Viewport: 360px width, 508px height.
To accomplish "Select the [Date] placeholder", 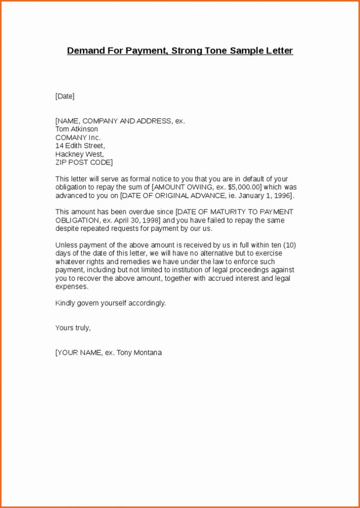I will [65, 96].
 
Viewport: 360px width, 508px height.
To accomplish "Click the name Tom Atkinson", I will [77, 129].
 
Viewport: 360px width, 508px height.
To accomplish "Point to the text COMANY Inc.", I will [78, 137].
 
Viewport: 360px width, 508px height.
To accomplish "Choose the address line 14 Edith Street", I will [80, 146].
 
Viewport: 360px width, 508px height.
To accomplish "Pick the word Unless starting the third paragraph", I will [65, 245].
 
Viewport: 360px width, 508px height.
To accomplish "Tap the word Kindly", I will [65, 303].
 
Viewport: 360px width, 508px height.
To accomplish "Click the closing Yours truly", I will [73, 328].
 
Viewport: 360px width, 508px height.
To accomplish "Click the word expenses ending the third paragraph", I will [72, 287].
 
